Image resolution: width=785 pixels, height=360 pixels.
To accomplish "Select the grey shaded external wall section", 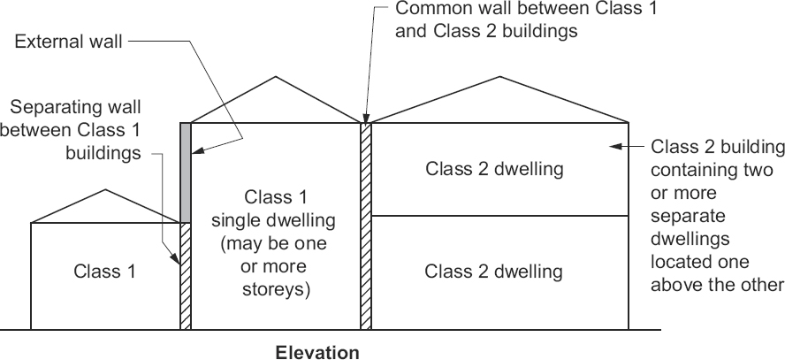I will (x=186, y=172).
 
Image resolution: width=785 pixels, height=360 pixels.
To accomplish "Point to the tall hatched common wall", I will (x=366, y=226).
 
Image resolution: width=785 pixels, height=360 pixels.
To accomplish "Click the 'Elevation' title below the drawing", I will (x=318, y=352).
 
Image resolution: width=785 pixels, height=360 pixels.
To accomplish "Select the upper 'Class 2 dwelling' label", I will (x=493, y=168).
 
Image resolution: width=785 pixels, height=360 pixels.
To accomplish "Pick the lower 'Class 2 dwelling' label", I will (x=493, y=271).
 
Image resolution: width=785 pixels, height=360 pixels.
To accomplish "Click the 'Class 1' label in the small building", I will (x=104, y=272).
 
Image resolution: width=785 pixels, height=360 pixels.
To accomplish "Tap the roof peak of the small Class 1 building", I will (x=106, y=190).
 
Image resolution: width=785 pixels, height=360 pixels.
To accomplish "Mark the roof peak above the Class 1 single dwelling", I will (x=276, y=77).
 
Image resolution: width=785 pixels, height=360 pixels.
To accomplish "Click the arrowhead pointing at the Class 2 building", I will (x=622, y=146).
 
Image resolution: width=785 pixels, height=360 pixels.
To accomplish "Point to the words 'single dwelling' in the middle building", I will (x=277, y=219).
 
